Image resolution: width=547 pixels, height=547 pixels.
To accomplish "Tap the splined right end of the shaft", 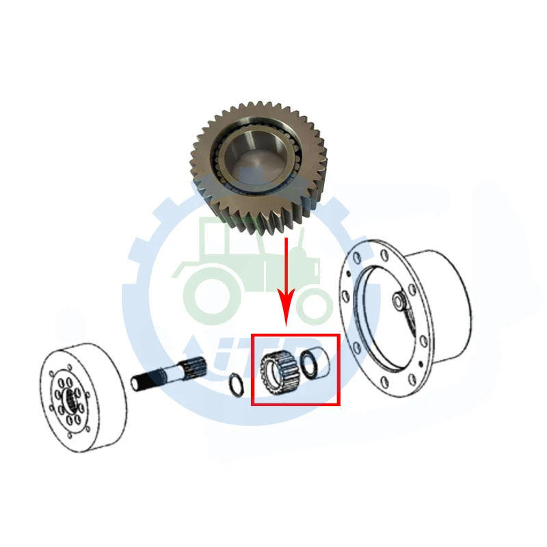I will pos(198,370).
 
